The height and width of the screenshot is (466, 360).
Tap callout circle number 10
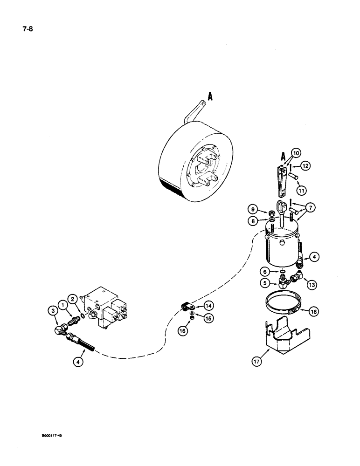pyautogui.click(x=297, y=153)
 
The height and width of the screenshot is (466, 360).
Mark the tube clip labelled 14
pyautogui.click(x=188, y=307)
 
